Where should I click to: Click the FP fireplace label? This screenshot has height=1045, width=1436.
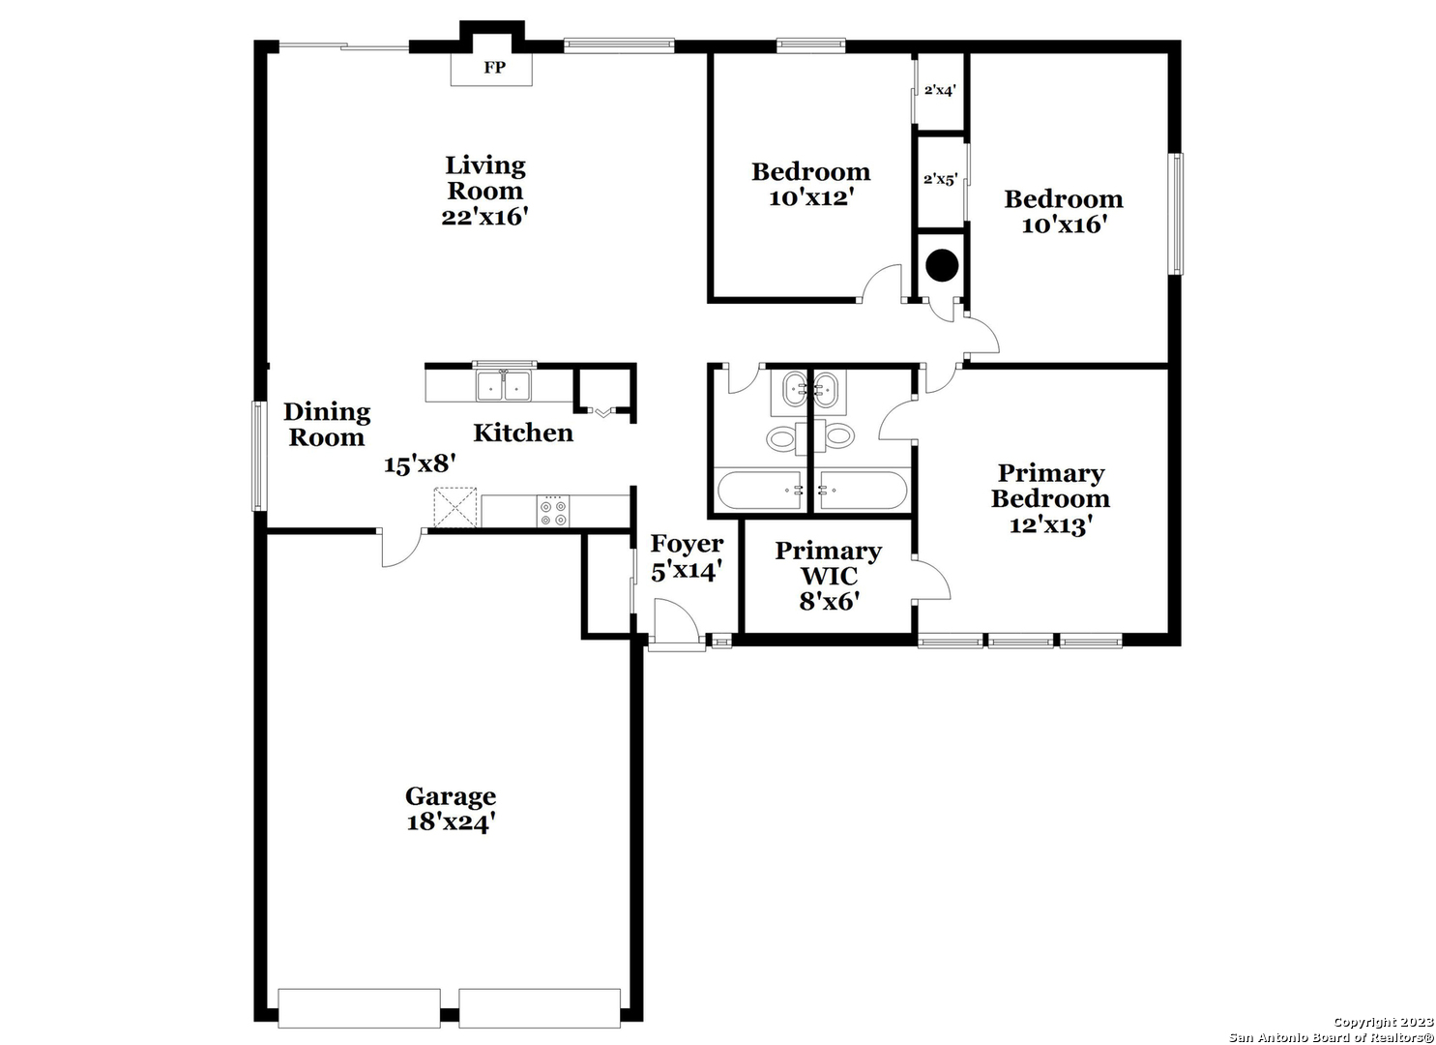click(494, 68)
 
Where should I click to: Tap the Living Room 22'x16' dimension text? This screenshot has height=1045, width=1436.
click(484, 217)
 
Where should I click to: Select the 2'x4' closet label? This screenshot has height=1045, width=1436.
click(940, 90)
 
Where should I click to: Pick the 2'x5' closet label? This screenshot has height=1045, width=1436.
click(941, 179)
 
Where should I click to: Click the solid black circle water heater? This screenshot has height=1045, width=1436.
click(943, 265)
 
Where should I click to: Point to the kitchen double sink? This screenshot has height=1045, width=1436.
click(504, 385)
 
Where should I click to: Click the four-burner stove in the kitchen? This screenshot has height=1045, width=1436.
click(552, 511)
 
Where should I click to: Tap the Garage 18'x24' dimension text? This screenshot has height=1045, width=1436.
click(452, 821)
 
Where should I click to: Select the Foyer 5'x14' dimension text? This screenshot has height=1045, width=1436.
click(688, 570)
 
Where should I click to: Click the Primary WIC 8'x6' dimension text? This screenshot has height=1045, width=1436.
click(829, 602)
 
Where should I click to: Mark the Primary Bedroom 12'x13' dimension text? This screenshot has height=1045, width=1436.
click(1051, 525)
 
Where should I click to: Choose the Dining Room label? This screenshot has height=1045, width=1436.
click(327, 425)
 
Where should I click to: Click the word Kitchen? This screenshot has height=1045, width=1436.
click(523, 433)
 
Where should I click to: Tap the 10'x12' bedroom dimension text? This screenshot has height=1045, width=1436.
click(811, 198)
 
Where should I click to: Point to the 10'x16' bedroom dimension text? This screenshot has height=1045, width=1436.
click(1064, 225)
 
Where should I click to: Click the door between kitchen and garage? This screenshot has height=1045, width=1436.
click(401, 548)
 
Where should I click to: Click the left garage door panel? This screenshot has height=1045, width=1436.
click(359, 1009)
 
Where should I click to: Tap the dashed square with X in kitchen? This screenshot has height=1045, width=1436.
click(455, 508)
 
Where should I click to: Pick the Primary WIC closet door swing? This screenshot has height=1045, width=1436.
click(931, 580)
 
